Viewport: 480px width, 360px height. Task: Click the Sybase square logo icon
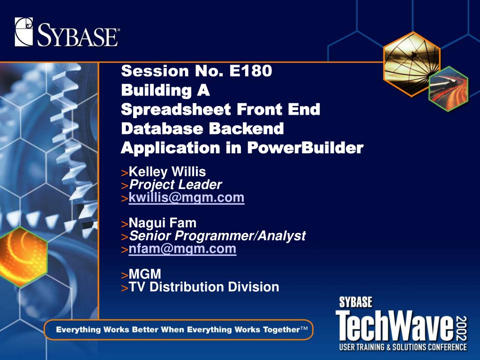[23, 32]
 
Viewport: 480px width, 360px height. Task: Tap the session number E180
[250, 71]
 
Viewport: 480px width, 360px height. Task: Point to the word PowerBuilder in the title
[305, 148]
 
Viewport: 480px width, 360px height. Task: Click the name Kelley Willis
[167, 172]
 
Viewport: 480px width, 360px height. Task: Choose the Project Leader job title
[175, 185]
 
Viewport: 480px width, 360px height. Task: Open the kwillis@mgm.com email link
[187, 197]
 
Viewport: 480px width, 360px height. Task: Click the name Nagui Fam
[163, 223]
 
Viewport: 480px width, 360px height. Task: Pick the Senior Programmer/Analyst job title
[217, 236]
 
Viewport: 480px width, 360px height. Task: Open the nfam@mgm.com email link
[182, 248]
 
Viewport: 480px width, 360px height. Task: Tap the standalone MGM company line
[145, 274]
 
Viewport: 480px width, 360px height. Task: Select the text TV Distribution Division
[204, 287]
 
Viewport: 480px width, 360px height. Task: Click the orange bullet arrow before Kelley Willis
[125, 173]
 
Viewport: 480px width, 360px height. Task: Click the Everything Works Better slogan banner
[179, 330]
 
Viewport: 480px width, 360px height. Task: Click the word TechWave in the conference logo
[395, 326]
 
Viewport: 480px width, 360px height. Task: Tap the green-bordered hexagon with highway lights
[449, 89]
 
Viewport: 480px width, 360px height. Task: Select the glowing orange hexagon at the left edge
[23, 257]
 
